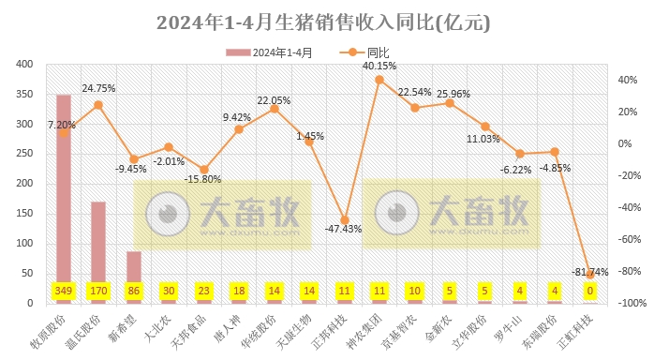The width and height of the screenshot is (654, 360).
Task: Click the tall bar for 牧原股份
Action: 64,198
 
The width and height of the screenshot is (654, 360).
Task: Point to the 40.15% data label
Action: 379,66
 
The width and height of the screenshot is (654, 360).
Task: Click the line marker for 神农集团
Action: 379,80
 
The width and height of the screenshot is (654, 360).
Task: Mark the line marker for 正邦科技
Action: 344,219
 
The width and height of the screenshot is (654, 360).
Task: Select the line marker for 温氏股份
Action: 98,104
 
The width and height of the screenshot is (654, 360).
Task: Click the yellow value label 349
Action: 64,292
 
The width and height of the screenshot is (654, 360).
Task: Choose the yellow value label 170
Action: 98,292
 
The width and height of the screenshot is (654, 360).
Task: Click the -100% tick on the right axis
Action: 626,303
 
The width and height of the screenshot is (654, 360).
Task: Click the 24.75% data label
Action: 98,88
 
